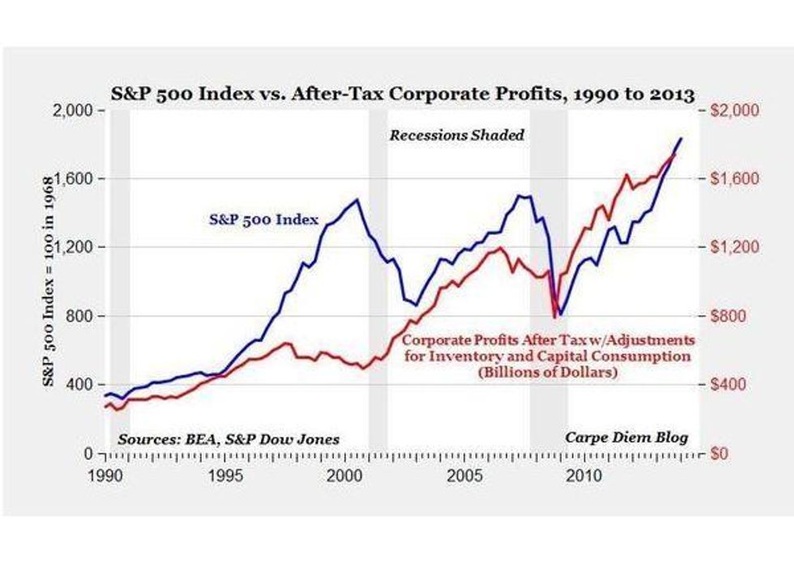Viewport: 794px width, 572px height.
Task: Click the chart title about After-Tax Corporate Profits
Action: [398, 94]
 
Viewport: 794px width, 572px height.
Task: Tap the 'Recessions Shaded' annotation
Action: [457, 135]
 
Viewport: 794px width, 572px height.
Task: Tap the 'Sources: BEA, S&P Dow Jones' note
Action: [229, 439]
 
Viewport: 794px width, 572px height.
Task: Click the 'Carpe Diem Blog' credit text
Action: [626, 438]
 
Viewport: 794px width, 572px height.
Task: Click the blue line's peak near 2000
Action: [356, 199]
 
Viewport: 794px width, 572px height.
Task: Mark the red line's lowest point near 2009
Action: [555, 317]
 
